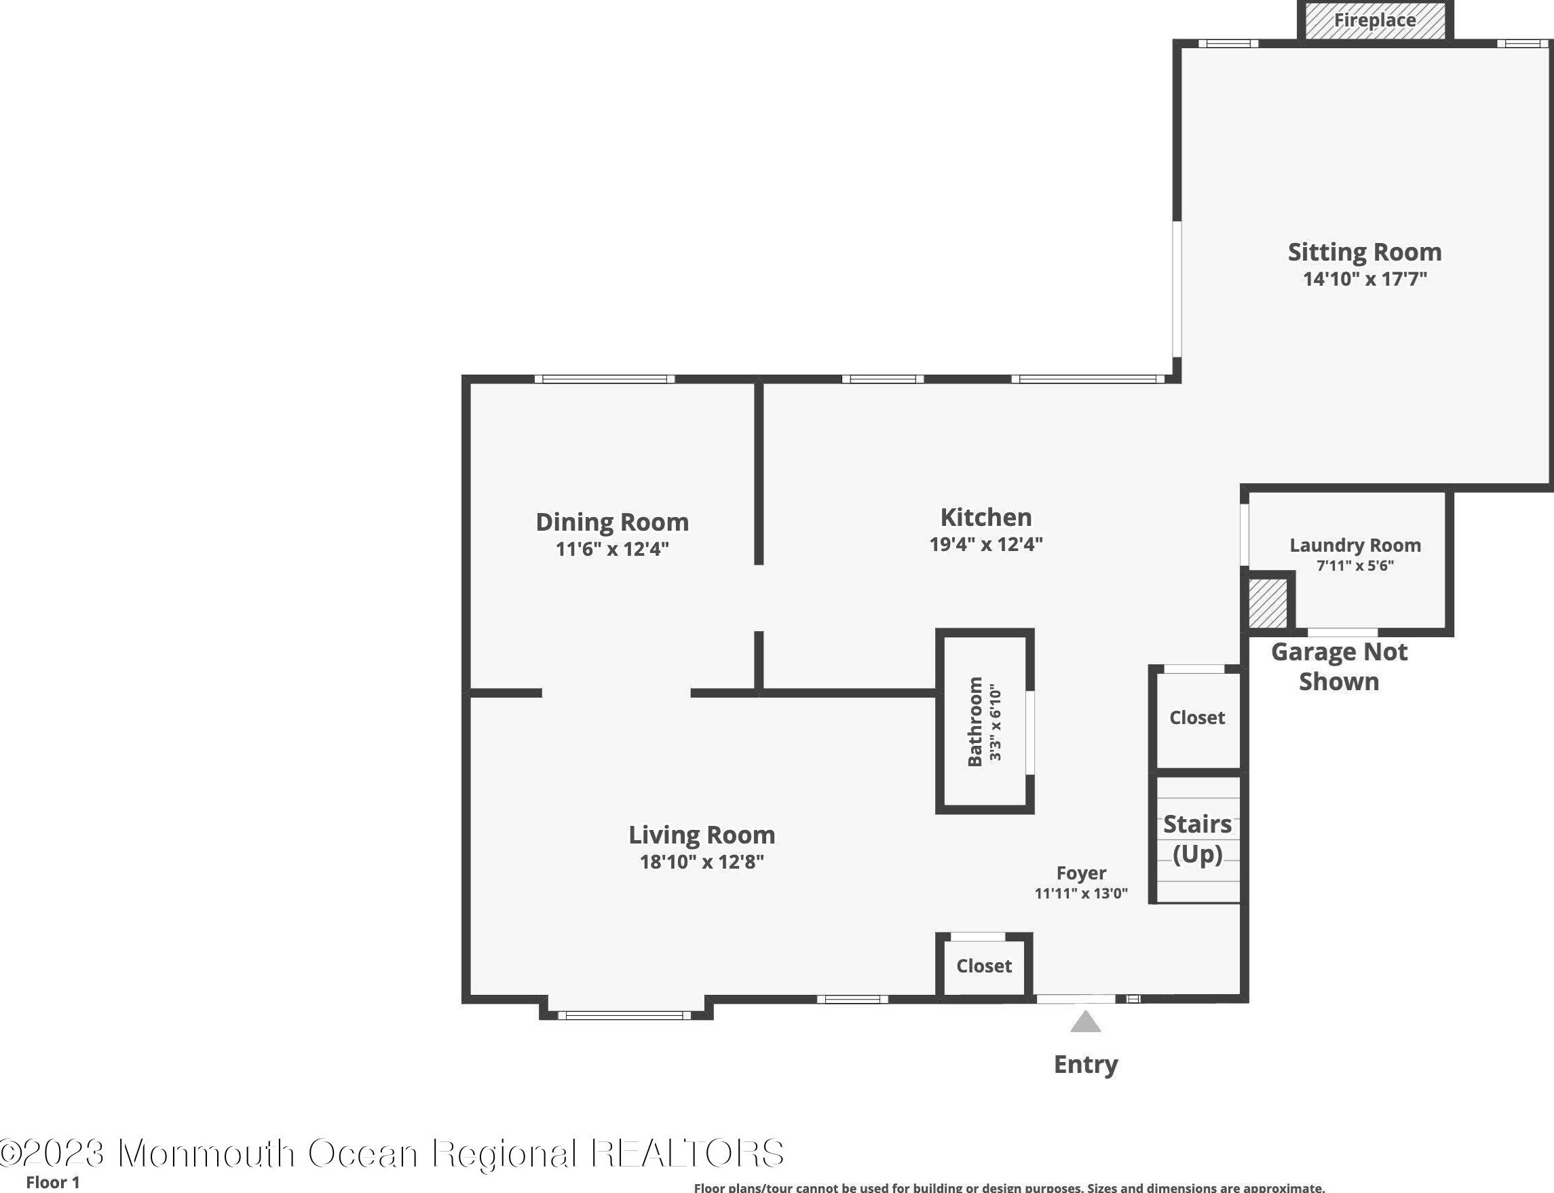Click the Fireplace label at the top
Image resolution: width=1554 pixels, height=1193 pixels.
point(1374,20)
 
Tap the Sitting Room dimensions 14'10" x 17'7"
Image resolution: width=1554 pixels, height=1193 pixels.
point(1365,278)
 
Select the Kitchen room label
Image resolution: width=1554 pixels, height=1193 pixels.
point(985,517)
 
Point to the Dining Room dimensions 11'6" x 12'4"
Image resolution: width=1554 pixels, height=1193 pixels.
point(612,549)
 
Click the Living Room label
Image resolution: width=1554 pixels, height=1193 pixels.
point(702,835)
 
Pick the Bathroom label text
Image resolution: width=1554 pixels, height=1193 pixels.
point(974,721)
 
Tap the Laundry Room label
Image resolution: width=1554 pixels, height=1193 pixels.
point(1354,546)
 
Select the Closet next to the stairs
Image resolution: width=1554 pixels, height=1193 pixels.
point(1197,717)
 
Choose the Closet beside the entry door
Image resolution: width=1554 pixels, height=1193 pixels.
point(983,966)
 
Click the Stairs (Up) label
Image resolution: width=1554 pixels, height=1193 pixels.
point(1197,839)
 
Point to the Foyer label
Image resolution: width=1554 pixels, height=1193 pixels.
point(1080,873)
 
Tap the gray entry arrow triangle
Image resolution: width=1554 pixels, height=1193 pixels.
point(1086,1023)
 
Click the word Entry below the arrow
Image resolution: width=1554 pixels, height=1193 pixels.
point(1086,1064)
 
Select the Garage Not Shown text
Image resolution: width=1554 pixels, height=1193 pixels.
point(1338,666)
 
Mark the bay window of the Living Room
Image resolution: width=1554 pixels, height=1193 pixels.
point(625,1015)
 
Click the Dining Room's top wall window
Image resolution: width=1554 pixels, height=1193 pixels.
point(604,379)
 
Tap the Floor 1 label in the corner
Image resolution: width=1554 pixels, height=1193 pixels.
point(52,1182)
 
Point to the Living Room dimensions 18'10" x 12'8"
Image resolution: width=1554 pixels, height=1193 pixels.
point(702,861)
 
